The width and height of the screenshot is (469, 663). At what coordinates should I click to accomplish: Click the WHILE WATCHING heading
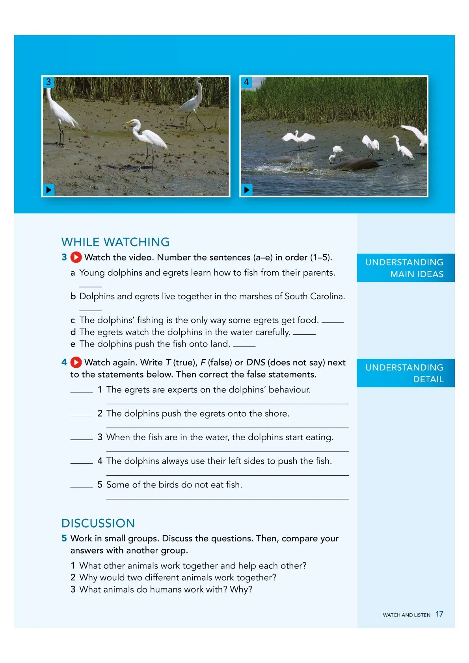[115, 242]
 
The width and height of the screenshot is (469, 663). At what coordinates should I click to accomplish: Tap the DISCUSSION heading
[98, 523]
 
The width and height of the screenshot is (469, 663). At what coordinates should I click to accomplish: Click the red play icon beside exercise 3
[76, 257]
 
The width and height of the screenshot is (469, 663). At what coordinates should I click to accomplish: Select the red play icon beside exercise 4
[76, 362]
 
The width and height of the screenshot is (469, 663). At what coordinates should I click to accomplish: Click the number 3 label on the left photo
[48, 82]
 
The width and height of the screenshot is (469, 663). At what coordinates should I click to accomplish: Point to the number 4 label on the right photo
[246, 82]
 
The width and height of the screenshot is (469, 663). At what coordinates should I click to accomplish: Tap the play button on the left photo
[48, 190]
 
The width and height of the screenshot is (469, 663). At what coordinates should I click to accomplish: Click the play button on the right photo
[247, 190]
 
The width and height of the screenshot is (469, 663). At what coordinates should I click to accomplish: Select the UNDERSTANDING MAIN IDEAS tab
[405, 268]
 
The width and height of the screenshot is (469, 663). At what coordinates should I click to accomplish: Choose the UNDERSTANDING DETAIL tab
[405, 373]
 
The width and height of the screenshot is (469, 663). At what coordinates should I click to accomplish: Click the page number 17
[439, 614]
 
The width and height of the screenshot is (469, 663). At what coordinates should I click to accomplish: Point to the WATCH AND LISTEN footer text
[406, 615]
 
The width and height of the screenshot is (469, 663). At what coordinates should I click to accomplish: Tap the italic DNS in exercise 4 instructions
[255, 362]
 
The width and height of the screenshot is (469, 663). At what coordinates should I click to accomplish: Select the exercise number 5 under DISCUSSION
[64, 538]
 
